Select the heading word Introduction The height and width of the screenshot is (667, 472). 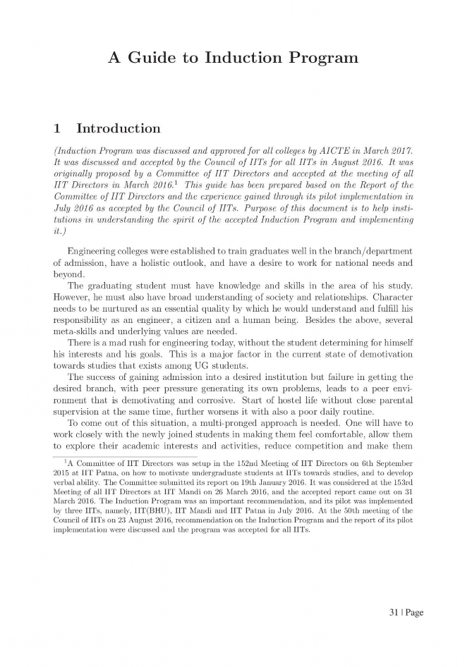(118, 128)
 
